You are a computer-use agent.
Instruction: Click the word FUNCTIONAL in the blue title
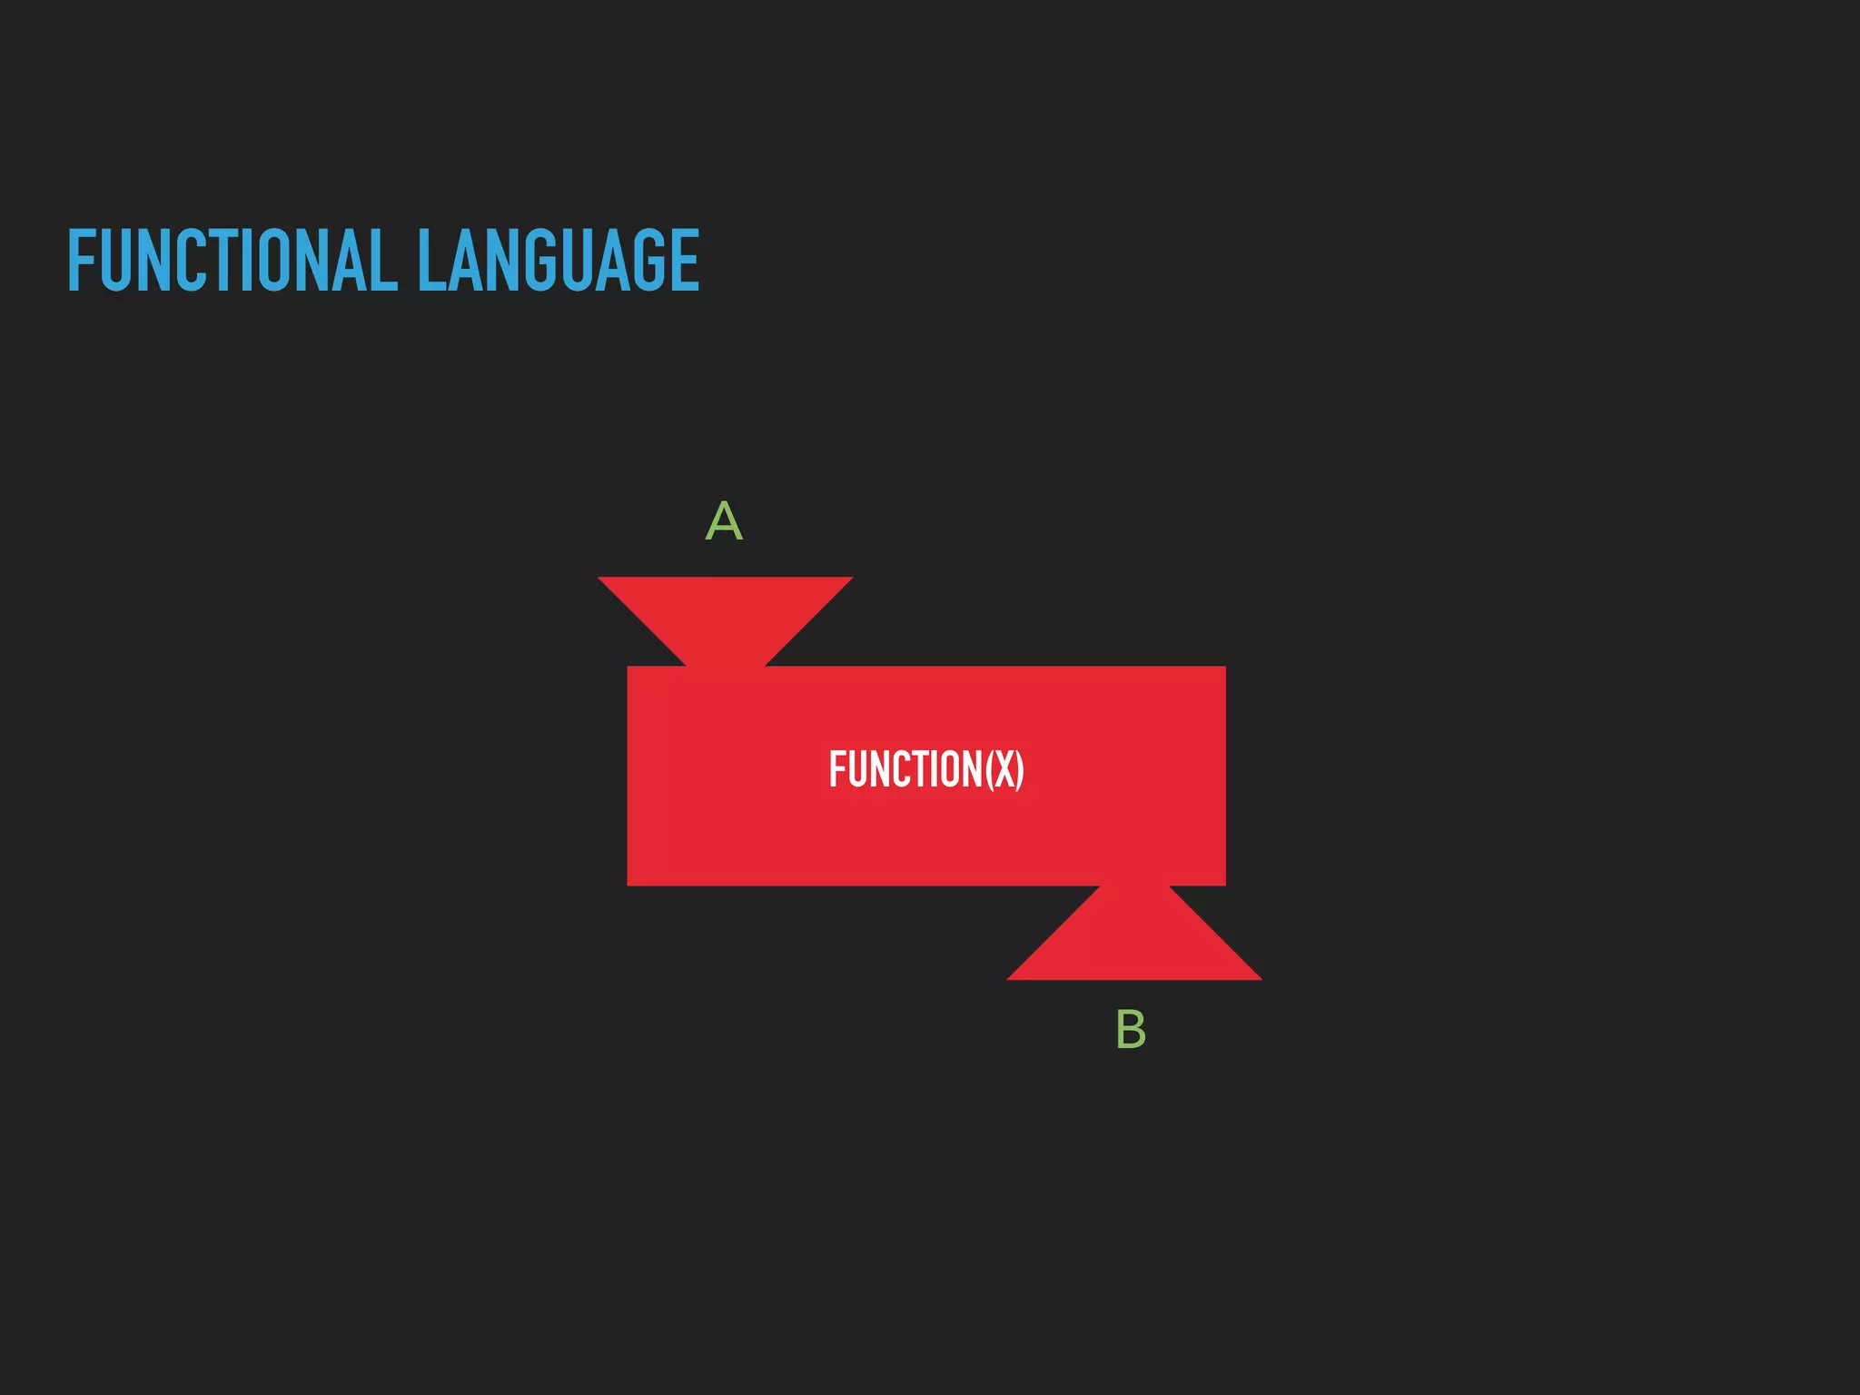pyautogui.click(x=232, y=261)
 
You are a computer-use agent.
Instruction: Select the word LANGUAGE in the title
pyautogui.click(x=558, y=261)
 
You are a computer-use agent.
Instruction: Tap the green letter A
pyautogui.click(x=724, y=521)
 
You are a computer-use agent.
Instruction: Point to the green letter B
pyautogui.click(x=1131, y=1030)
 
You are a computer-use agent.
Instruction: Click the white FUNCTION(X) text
pyautogui.click(x=926, y=769)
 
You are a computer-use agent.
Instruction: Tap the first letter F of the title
pyautogui.click(x=82, y=261)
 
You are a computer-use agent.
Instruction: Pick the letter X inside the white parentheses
pyautogui.click(x=1004, y=769)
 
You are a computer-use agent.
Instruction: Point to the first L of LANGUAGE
pyautogui.click(x=430, y=261)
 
